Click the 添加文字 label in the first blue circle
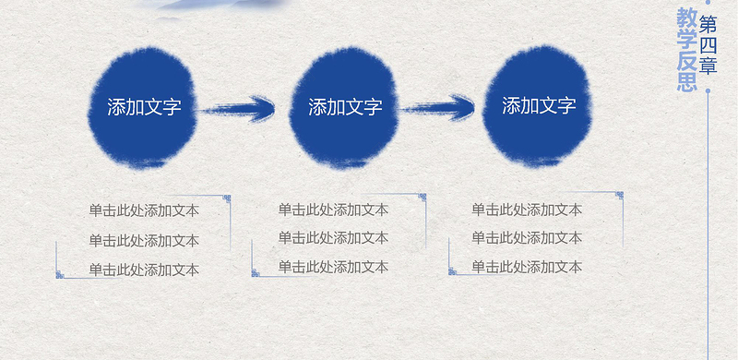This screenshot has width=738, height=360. pyautogui.click(x=144, y=107)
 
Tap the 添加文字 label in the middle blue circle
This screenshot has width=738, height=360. pyautogui.click(x=345, y=107)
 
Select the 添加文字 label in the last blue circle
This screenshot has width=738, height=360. pyautogui.click(x=539, y=105)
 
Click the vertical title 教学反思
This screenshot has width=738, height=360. pyautogui.click(x=686, y=51)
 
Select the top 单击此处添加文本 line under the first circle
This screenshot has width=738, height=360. pyautogui.click(x=144, y=210)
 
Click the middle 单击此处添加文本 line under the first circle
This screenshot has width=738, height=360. pyautogui.click(x=144, y=241)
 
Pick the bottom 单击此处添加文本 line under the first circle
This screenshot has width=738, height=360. pyautogui.click(x=144, y=270)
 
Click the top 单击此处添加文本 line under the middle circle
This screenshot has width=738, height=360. pyautogui.click(x=333, y=210)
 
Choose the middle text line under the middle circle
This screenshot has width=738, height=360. pyautogui.click(x=333, y=238)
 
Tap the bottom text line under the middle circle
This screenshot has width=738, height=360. pyautogui.click(x=333, y=267)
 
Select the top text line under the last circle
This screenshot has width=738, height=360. pyautogui.click(x=527, y=210)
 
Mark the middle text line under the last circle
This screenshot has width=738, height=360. pyautogui.click(x=527, y=238)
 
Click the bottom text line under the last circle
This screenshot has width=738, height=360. pyautogui.click(x=527, y=267)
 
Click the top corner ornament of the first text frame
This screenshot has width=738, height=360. pyautogui.click(x=227, y=198)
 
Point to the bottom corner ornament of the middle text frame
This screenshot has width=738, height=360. pyautogui.click(x=256, y=272)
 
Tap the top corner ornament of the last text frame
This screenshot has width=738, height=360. pyautogui.click(x=619, y=196)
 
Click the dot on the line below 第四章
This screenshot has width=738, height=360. pyautogui.click(x=708, y=91)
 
